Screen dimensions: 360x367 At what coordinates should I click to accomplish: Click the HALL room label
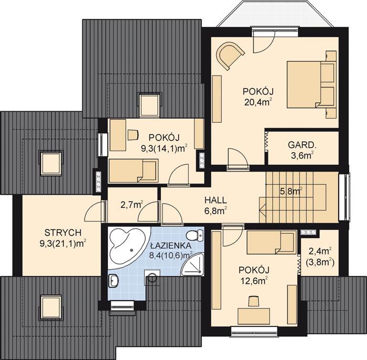pos(215,200)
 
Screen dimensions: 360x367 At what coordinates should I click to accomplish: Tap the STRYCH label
pos(62,233)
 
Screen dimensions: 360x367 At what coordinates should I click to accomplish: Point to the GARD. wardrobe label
pos(301,144)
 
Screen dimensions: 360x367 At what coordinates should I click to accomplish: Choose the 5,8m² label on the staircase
pos(291,192)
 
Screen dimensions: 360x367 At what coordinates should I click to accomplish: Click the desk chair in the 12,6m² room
pos(253,300)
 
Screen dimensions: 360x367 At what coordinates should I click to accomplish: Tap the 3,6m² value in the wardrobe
pos(301,155)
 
